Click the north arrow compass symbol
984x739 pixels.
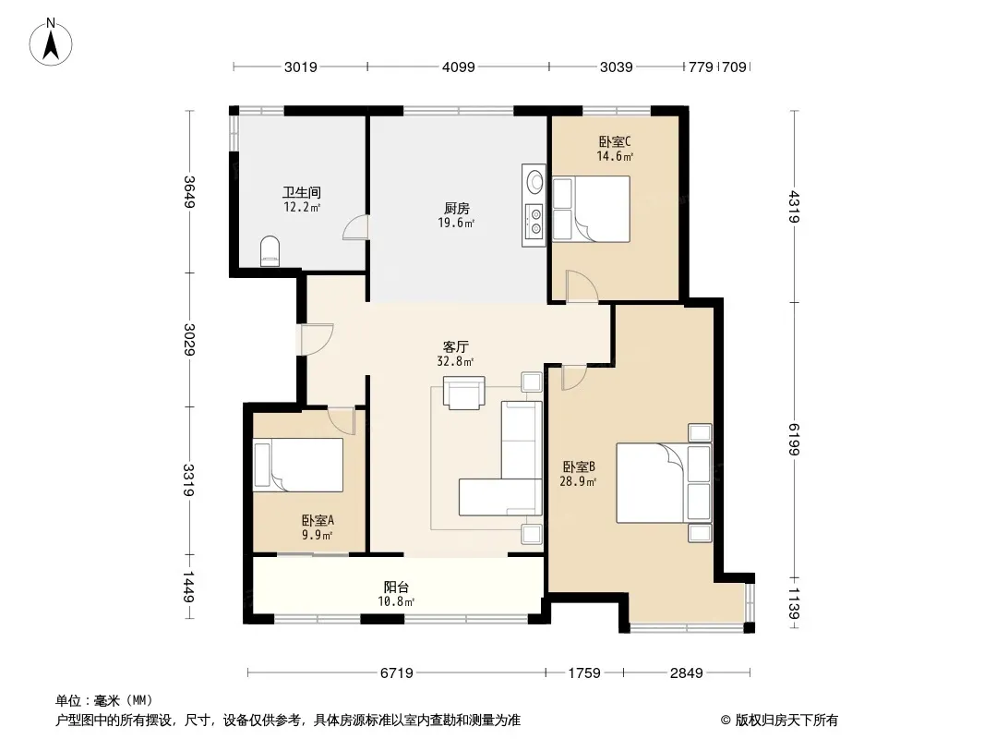point(51,42)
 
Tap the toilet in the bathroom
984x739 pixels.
point(270,251)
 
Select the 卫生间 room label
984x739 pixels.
point(301,193)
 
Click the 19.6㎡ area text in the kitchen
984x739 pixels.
point(456,223)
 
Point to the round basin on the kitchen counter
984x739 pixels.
point(534,182)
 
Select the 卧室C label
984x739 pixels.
point(615,141)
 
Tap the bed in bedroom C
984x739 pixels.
point(591,209)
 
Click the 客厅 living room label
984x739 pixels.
point(456,346)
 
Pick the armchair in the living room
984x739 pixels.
point(463,393)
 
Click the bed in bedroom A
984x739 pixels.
point(298,465)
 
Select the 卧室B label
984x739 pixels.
point(579,467)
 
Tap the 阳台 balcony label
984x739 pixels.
point(396,588)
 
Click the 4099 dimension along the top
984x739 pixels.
point(459,67)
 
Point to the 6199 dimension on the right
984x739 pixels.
point(795,440)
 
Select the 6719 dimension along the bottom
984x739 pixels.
point(397,673)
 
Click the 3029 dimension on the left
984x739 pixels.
point(189,339)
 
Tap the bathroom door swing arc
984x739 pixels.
point(354,227)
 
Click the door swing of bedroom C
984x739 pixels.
point(582,286)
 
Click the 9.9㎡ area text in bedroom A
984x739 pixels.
point(317,535)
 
